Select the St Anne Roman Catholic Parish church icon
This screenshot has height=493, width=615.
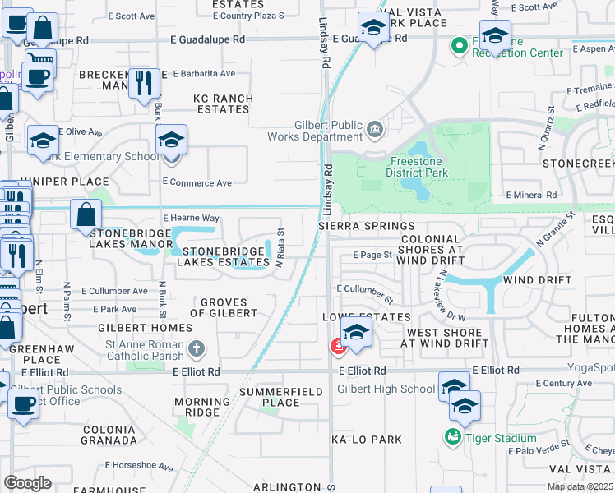(x=196, y=349)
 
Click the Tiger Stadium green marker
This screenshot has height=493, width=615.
(x=452, y=437)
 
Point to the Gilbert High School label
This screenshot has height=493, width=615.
(x=386, y=389)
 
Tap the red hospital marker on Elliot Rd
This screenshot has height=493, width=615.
(x=337, y=348)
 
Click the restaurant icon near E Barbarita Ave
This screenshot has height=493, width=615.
(x=145, y=82)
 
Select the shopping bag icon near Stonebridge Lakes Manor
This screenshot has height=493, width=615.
(x=86, y=216)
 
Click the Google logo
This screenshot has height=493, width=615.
(x=27, y=483)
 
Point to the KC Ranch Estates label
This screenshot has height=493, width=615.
(x=223, y=104)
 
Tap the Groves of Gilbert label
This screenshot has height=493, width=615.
(x=224, y=307)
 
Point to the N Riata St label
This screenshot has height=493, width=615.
(x=280, y=244)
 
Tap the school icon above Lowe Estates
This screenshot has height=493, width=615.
(x=355, y=333)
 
